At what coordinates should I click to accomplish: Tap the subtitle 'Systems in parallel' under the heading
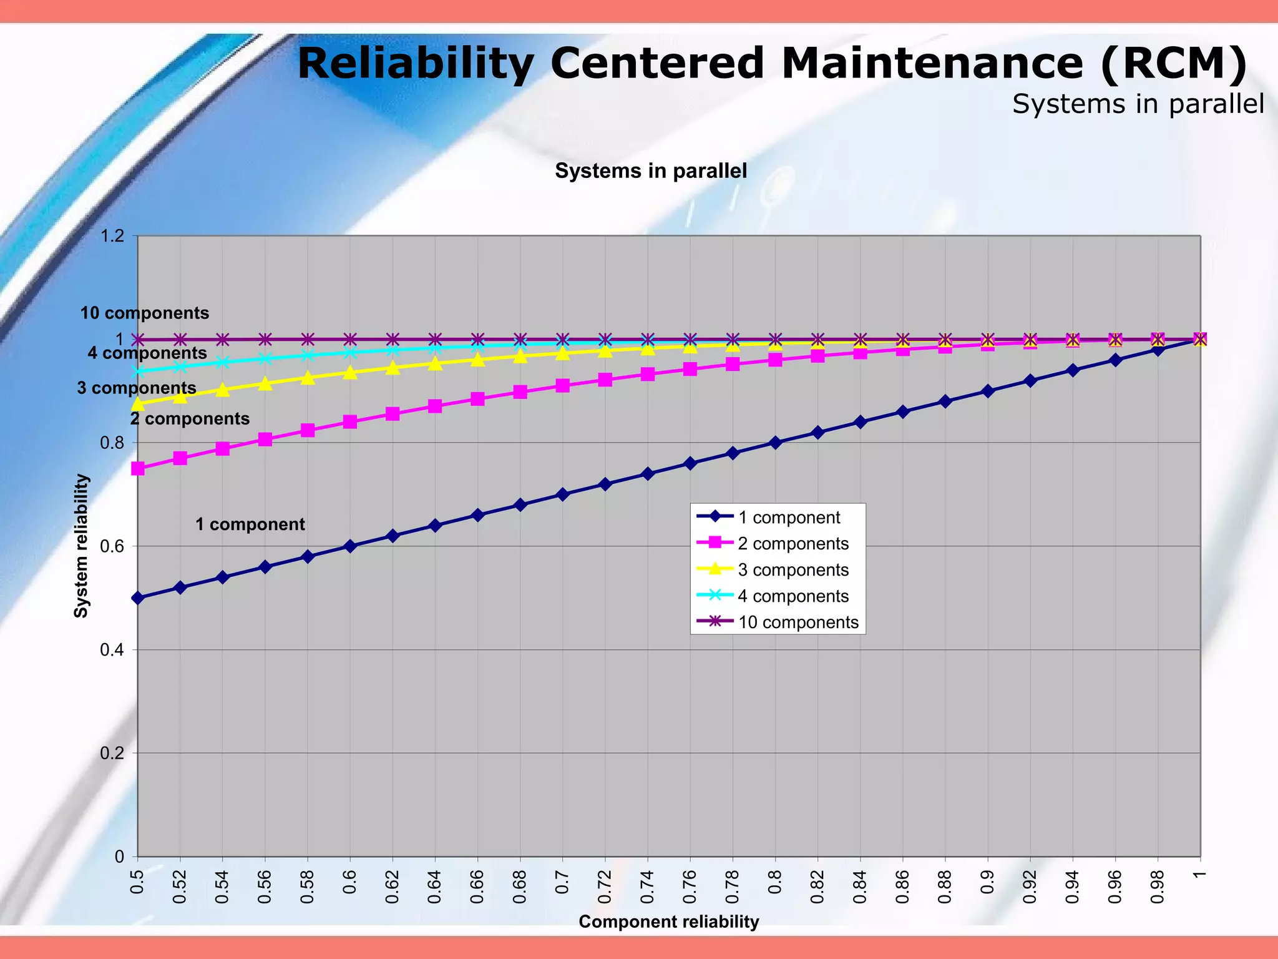1138,104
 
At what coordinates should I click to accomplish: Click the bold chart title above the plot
650,171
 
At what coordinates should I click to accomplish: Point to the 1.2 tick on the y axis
112,236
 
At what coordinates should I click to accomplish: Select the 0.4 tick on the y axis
112,650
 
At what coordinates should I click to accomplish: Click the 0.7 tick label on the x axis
562,883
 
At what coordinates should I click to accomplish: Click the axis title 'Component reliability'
668,922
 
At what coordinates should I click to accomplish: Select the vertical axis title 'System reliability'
81,546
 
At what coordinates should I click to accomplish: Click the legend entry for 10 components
798,622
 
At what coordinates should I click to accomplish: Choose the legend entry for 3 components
793,570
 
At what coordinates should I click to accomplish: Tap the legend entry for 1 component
788,518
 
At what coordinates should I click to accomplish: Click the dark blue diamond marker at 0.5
138,598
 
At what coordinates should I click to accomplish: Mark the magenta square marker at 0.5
138,469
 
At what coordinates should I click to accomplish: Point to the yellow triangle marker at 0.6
350,373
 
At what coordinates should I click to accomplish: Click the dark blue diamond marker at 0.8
775,443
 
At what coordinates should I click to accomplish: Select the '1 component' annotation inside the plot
250,524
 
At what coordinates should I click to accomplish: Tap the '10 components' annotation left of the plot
144,313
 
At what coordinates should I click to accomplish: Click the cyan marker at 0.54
223,362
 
